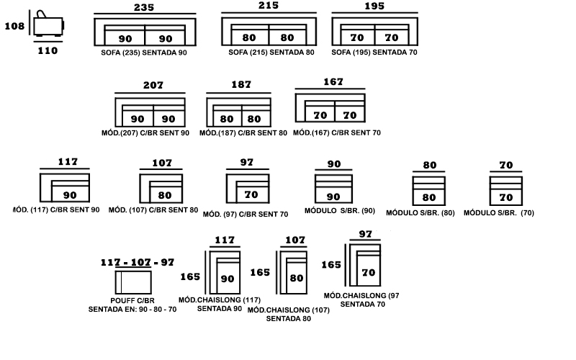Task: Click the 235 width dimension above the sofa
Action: pos(144,7)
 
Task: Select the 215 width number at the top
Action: pos(269,6)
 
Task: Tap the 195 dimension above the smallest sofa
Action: pos(374,6)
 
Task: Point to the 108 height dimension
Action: pos(14,26)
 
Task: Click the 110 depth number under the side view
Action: pos(48,50)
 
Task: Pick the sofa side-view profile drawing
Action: pos(48,24)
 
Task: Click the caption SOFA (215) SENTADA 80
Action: pos(271,53)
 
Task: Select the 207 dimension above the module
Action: pos(153,85)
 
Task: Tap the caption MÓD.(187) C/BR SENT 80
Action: pos(243,133)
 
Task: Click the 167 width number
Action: pos(333,82)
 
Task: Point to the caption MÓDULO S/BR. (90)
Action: pos(340,211)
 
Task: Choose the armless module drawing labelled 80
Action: pos(428,191)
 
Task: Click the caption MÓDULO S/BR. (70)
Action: pos(499,212)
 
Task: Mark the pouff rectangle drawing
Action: pos(133,282)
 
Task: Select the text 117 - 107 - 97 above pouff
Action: pos(138,262)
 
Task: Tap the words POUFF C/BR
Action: pos(132,300)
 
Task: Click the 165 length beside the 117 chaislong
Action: pos(190,276)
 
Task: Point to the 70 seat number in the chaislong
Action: pos(369,273)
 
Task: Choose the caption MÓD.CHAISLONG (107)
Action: pos(289,310)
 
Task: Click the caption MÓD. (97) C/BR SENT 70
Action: pos(246,214)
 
